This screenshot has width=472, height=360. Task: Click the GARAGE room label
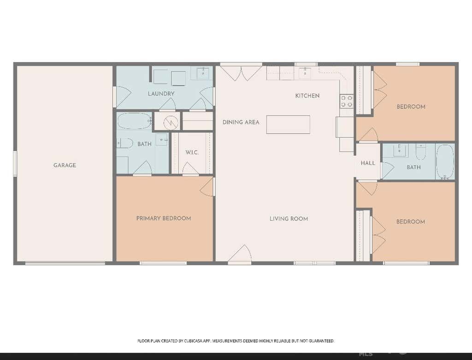pos(65,165)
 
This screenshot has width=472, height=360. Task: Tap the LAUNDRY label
pos(161,94)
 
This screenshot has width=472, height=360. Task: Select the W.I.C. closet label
pos(192,152)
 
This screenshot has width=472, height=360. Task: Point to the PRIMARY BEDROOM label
pos(164,218)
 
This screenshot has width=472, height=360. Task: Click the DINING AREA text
pos(241,122)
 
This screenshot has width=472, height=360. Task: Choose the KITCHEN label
pos(307,96)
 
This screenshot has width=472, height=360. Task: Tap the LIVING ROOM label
pos(289,219)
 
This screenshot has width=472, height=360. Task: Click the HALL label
pos(368,163)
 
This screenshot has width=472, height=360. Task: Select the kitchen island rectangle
pos(288,124)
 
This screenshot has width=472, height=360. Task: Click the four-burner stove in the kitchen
pos(347,101)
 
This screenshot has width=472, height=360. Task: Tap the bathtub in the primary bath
pos(134,121)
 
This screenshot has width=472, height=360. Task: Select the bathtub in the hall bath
pos(445,162)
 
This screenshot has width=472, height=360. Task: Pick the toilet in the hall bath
pos(420,152)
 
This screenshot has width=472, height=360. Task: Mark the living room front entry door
pos(240,255)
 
